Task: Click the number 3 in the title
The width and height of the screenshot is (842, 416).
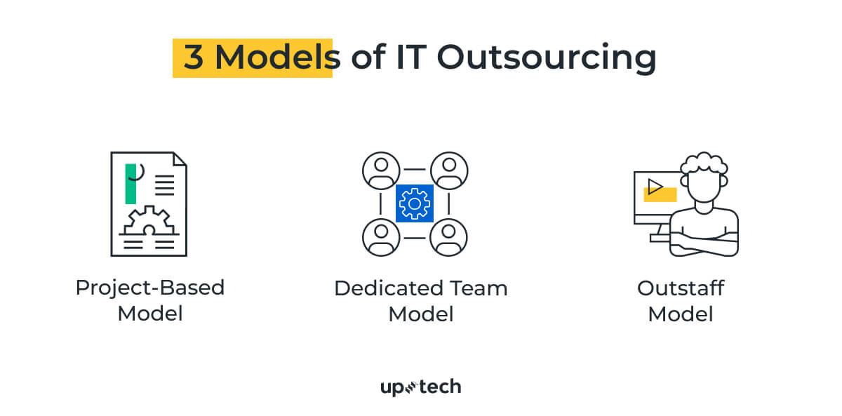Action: (193, 58)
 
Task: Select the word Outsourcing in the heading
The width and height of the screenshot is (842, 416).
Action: (547, 58)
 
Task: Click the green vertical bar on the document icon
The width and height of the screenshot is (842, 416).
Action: (131, 184)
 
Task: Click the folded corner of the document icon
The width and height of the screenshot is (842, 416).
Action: (180, 159)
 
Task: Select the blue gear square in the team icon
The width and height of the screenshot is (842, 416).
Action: (414, 203)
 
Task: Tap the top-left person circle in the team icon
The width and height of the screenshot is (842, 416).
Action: (381, 170)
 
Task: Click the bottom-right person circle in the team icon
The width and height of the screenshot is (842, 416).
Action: (449, 237)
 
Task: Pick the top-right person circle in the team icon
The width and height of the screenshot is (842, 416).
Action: (449, 170)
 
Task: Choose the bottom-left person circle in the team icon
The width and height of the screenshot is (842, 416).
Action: (381, 237)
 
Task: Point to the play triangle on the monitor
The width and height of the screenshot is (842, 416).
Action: (655, 186)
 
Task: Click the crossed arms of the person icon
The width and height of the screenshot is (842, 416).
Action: (704, 242)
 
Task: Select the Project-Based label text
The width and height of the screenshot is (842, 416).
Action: (150, 288)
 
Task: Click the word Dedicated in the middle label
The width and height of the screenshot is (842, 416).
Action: (388, 288)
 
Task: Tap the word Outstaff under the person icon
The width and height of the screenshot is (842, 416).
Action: (681, 288)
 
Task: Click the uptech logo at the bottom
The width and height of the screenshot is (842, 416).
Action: (420, 387)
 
